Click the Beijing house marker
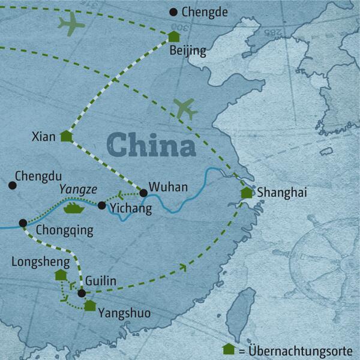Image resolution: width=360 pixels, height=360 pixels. [174, 37]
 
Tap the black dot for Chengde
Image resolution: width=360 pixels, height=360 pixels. [174, 11]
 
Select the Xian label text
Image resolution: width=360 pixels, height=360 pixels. [43, 137]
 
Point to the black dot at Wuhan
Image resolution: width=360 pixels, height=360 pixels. [143, 193]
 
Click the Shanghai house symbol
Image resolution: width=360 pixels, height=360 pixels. [246, 193]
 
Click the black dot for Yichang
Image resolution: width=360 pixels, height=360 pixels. [102, 206]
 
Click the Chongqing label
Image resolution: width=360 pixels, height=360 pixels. [64, 229]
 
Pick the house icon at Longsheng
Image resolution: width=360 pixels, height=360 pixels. [61, 274]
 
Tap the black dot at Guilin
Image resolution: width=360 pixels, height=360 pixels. [82, 293]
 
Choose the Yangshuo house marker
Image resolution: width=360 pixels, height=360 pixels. [89, 305]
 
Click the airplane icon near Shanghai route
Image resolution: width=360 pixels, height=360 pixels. [185, 109]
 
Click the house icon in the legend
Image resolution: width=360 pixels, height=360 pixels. [228, 349]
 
